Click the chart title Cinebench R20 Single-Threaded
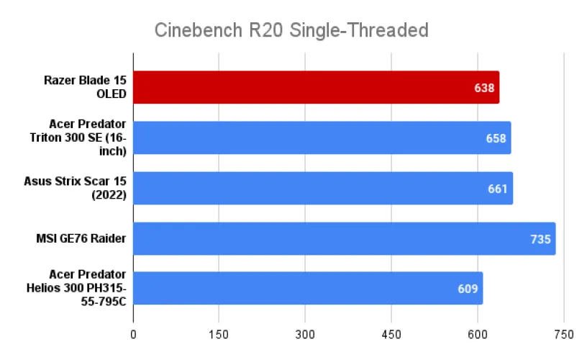click(x=291, y=30)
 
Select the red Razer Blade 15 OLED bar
click(x=316, y=87)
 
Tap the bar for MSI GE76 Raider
click(x=344, y=238)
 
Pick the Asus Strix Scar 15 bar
click(x=322, y=188)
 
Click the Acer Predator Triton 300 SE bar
click(x=322, y=138)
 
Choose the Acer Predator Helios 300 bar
click(x=307, y=289)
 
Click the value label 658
click(x=496, y=138)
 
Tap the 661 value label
click(x=498, y=189)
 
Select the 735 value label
click(x=540, y=239)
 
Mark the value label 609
click(x=468, y=289)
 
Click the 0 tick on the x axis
click(x=133, y=336)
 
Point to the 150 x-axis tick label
click(x=219, y=336)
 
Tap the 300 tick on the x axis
click(x=305, y=336)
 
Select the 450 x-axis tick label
click(x=391, y=336)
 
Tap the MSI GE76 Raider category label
click(x=80, y=238)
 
